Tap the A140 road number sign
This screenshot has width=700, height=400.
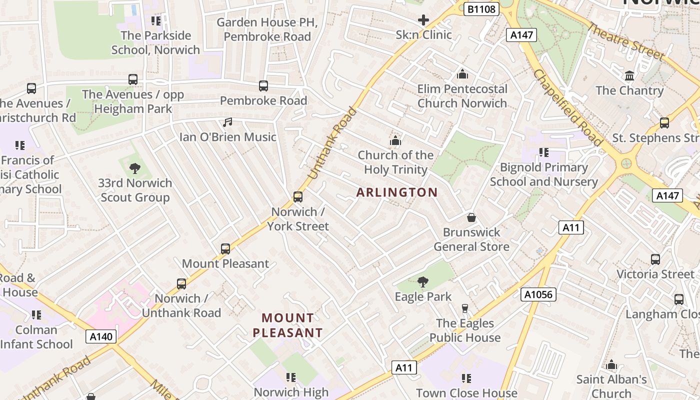pos(101,336)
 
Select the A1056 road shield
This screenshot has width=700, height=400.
pos(538,294)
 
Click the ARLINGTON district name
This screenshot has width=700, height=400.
pos(397,192)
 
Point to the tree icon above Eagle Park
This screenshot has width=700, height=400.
pos(423,282)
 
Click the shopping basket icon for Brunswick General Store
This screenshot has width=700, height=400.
pos(471,217)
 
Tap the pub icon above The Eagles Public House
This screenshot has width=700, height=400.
pos(465,308)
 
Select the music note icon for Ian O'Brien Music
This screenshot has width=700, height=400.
pos(227,122)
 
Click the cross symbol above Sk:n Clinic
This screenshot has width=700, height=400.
pos(423,20)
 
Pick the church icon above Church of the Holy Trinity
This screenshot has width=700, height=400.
pos(395,140)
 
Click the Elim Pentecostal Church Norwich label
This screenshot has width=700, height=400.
pos(462,96)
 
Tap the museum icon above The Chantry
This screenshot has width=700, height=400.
pos(629,76)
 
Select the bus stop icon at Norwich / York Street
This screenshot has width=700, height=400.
pos(298,196)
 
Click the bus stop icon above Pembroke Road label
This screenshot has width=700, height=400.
pos(263,86)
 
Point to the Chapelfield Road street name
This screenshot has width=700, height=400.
pos(567,107)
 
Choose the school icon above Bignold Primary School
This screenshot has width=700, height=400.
pos(544,152)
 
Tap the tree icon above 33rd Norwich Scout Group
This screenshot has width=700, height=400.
pos(134,168)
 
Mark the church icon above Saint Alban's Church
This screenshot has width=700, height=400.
pos(611,365)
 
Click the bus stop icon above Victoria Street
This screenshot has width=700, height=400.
pos(655,259)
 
